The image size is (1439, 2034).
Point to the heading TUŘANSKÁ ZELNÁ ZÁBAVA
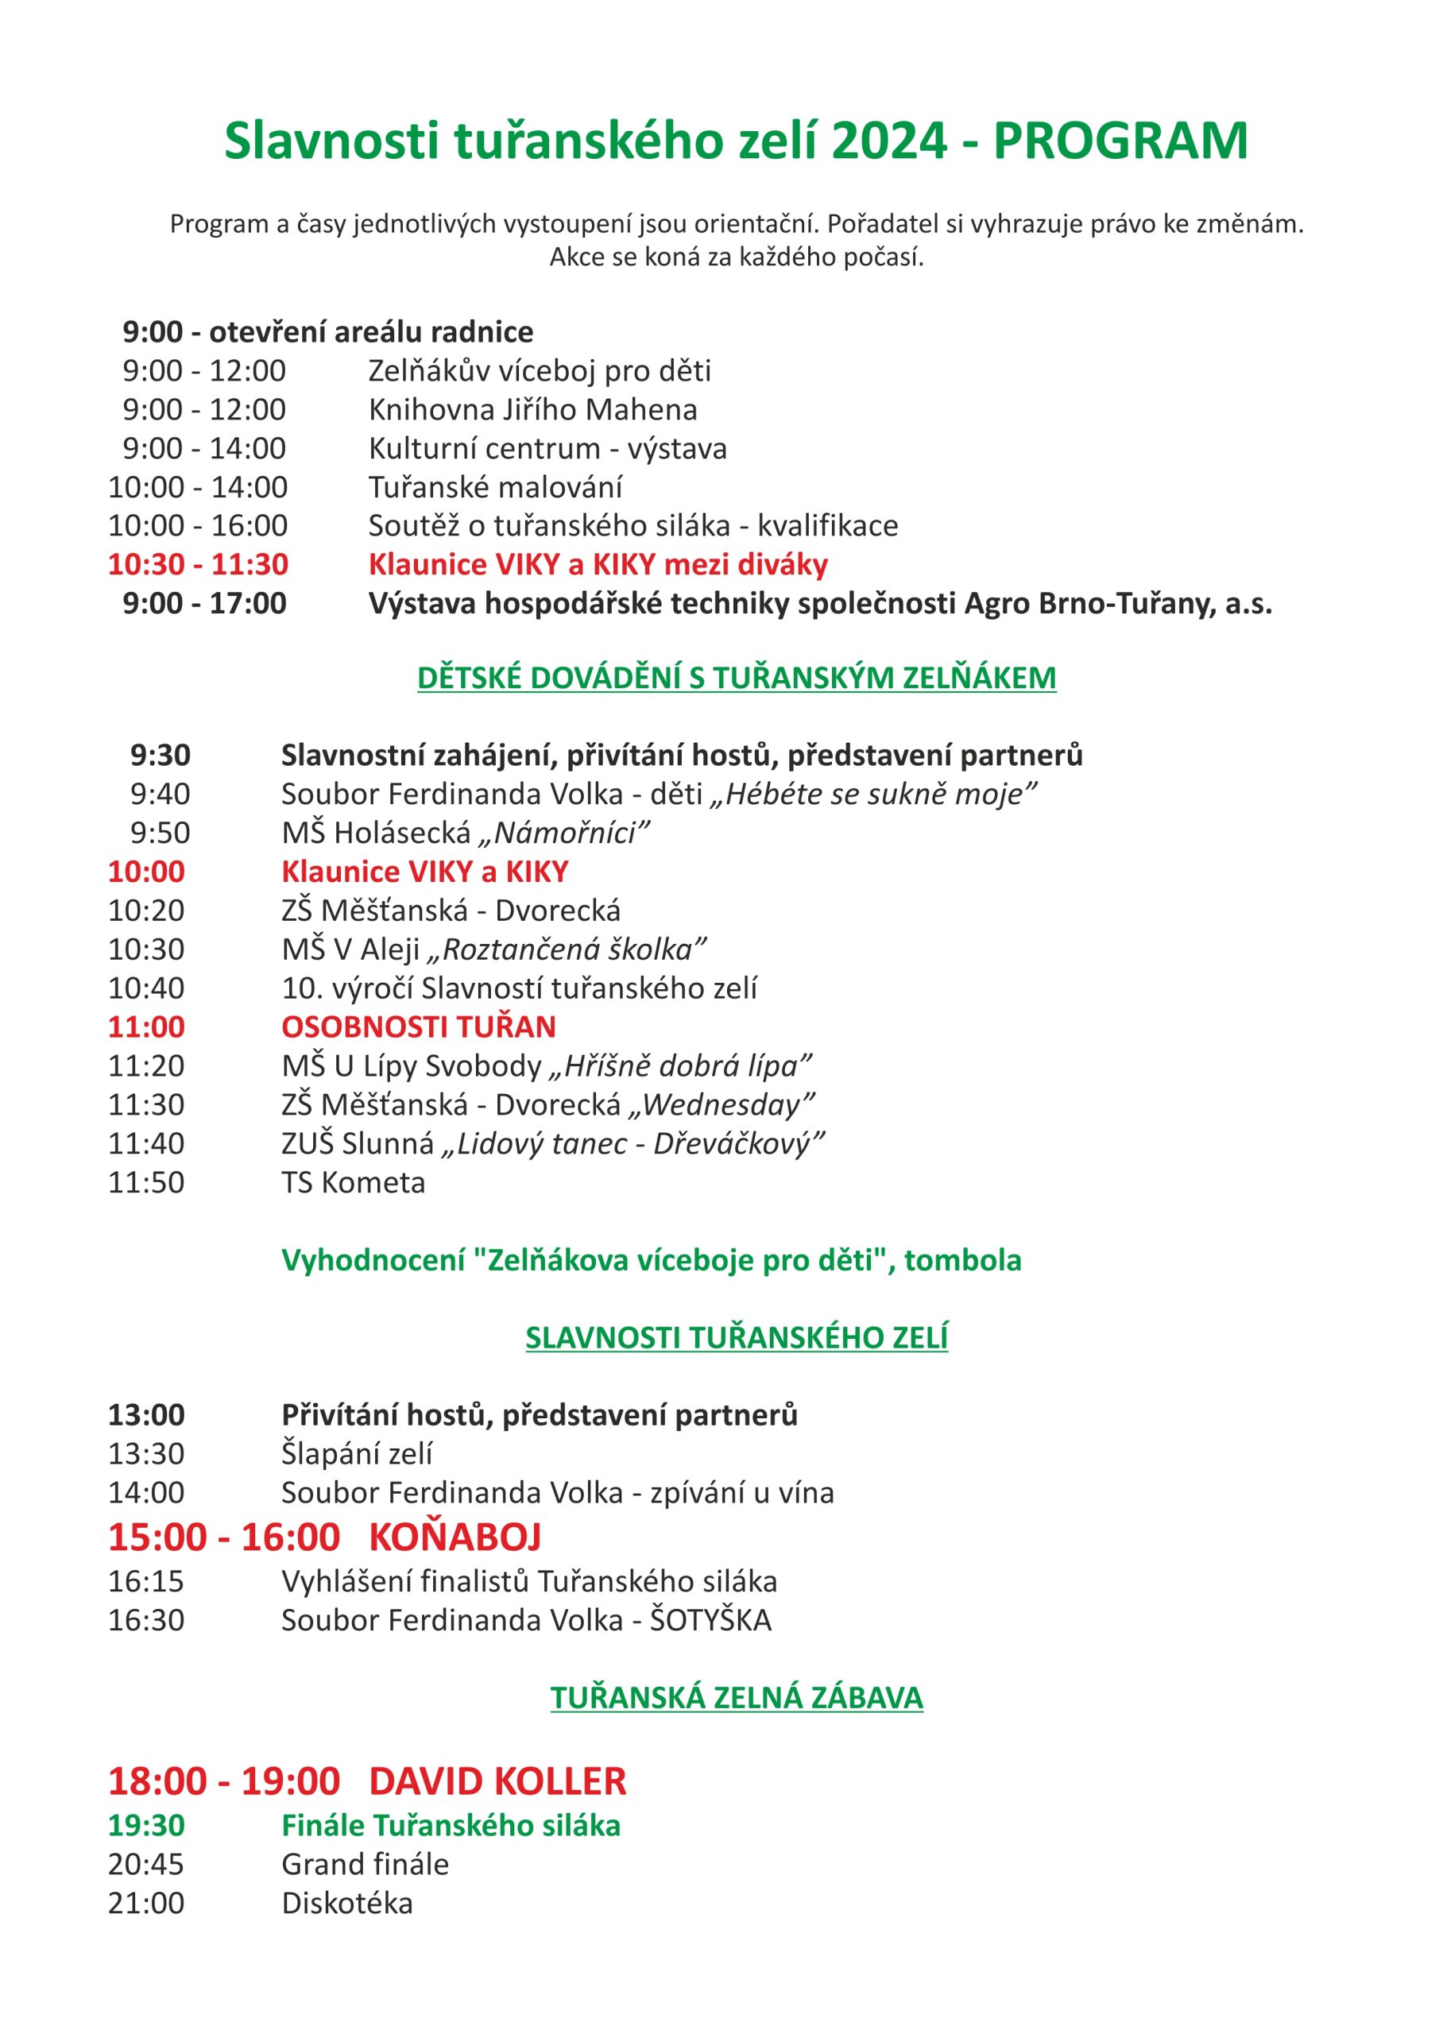click(737, 1698)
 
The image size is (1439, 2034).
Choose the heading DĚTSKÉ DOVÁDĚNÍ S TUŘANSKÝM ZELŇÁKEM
click(737, 678)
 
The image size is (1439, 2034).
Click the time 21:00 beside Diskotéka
click(146, 1903)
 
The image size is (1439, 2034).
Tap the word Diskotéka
click(347, 1903)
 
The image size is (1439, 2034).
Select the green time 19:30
click(146, 1825)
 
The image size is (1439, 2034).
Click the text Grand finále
click(365, 1864)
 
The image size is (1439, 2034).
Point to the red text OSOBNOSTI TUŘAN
click(418, 1027)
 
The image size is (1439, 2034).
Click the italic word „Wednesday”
click(721, 1104)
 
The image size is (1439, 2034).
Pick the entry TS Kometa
click(354, 1183)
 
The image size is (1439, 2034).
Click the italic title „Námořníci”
click(564, 833)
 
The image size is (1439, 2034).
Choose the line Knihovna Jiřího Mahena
click(532, 409)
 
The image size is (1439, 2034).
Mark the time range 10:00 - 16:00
click(198, 525)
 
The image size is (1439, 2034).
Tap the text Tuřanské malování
click(495, 487)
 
